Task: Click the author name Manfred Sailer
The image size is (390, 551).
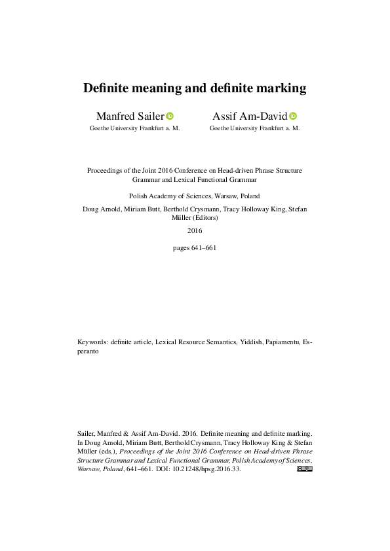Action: (x=130, y=116)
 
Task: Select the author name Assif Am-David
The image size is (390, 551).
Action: (x=250, y=116)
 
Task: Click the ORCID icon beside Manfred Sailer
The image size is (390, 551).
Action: (x=170, y=116)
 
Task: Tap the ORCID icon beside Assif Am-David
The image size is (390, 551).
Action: (x=293, y=116)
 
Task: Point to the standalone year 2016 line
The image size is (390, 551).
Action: (x=195, y=230)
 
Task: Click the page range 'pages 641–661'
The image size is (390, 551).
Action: (x=195, y=248)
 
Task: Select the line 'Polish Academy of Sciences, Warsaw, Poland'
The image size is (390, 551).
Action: (x=195, y=196)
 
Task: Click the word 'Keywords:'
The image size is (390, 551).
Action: (x=92, y=342)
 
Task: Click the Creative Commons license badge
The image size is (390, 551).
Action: (x=305, y=469)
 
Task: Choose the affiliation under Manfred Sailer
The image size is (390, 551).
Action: (x=134, y=129)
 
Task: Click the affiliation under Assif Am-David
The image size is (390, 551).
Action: (x=254, y=129)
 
